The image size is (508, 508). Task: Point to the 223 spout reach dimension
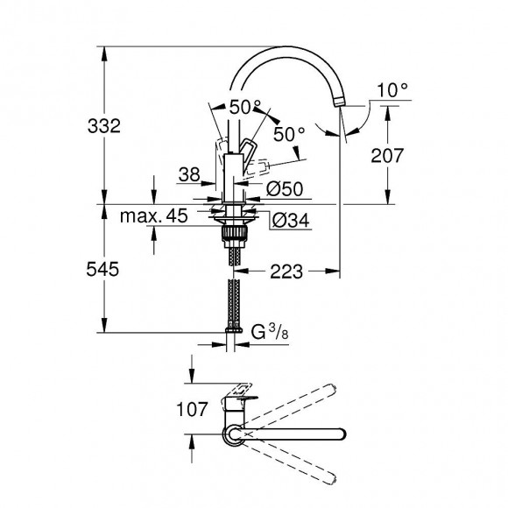288,272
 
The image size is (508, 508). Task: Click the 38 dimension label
187,174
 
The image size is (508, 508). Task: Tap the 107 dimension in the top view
192,409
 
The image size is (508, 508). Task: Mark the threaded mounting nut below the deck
234,234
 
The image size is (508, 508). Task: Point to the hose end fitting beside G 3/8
234,334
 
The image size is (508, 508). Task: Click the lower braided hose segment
234,302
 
